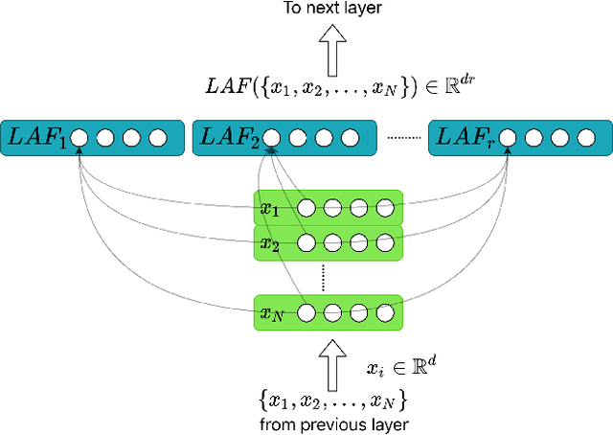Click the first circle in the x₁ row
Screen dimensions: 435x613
(306, 208)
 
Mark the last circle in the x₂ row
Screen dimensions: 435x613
(385, 242)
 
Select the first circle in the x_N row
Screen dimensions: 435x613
(306, 312)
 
